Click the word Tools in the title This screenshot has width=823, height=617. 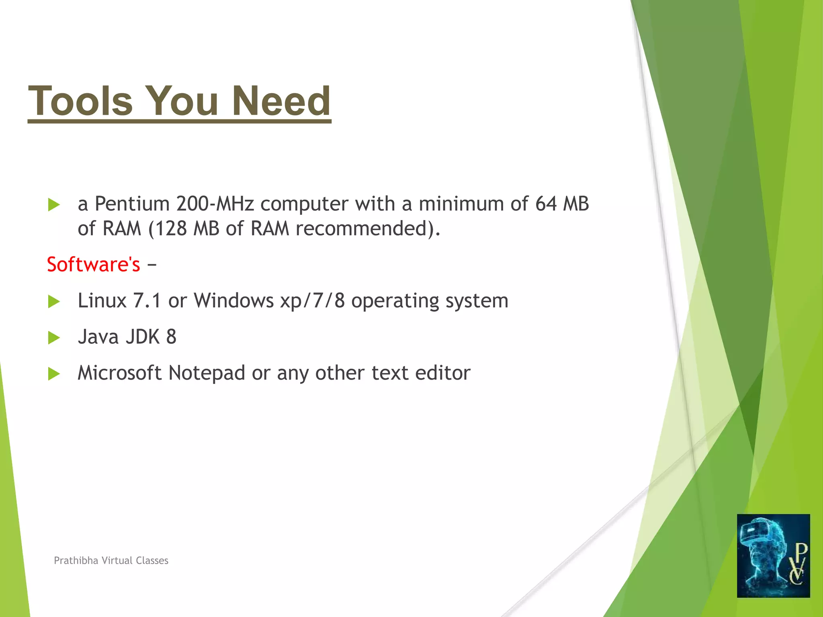pos(80,101)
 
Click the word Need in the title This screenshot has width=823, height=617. pos(281,101)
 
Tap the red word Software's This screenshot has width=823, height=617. pos(93,264)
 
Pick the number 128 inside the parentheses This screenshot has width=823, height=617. pos(171,229)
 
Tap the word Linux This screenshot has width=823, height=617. pos(102,300)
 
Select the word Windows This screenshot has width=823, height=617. pos(233,300)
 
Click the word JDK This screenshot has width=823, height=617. pos(143,337)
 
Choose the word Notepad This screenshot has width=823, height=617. pos(207,373)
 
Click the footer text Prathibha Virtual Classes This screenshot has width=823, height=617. pos(111,560)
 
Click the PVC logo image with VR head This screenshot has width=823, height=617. pos(773,556)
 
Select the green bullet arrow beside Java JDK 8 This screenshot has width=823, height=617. pos(53,338)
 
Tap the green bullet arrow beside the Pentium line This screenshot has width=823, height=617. pos(53,204)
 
